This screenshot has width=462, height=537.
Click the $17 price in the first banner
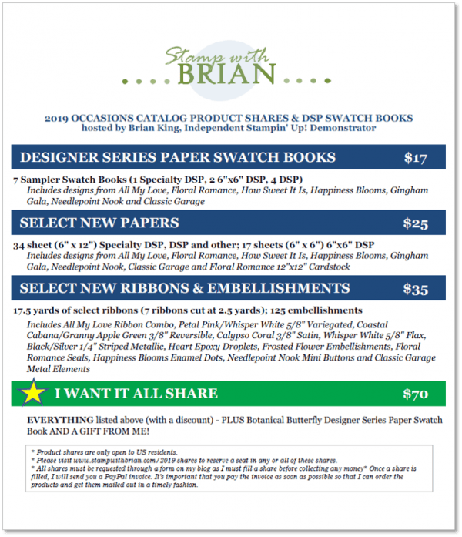(416, 158)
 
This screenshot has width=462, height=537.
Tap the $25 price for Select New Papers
(416, 223)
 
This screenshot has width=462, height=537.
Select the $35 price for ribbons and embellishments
(416, 289)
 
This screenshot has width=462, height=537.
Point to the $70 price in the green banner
(416, 394)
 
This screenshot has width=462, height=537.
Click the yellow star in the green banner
(33, 393)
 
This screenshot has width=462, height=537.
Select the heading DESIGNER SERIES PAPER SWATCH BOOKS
(177, 158)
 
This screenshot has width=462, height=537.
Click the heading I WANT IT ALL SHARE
(136, 394)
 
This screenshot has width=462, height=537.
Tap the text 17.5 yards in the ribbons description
(37, 310)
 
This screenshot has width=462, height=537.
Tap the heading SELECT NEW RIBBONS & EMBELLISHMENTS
(185, 289)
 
